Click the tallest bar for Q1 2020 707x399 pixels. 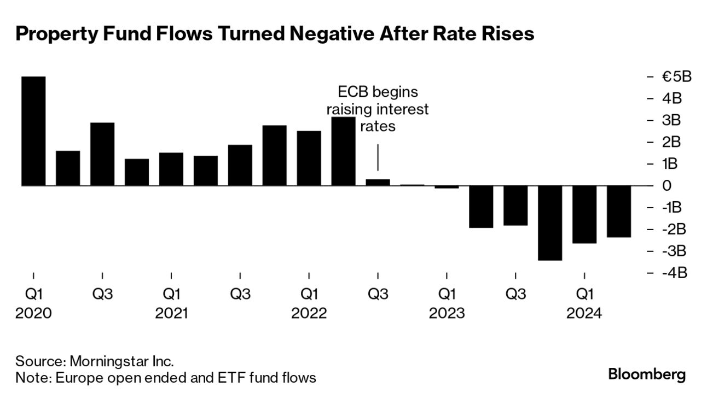coord(33,131)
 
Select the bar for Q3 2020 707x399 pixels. coord(102,154)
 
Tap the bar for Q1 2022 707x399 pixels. coord(309,159)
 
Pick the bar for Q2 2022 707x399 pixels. coord(344,151)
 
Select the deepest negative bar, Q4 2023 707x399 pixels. coord(550,223)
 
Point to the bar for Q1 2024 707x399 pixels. coord(584,214)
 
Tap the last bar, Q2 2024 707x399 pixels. coord(619,212)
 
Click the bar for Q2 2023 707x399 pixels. coord(481,207)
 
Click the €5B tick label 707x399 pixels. coord(676,77)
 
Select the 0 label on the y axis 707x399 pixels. coord(667,186)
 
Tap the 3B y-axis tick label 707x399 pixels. coord(671,120)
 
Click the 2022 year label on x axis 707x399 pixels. coord(309,314)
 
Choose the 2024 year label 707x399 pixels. coord(584,314)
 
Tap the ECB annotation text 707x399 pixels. coord(378,108)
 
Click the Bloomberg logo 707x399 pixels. coord(647,375)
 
